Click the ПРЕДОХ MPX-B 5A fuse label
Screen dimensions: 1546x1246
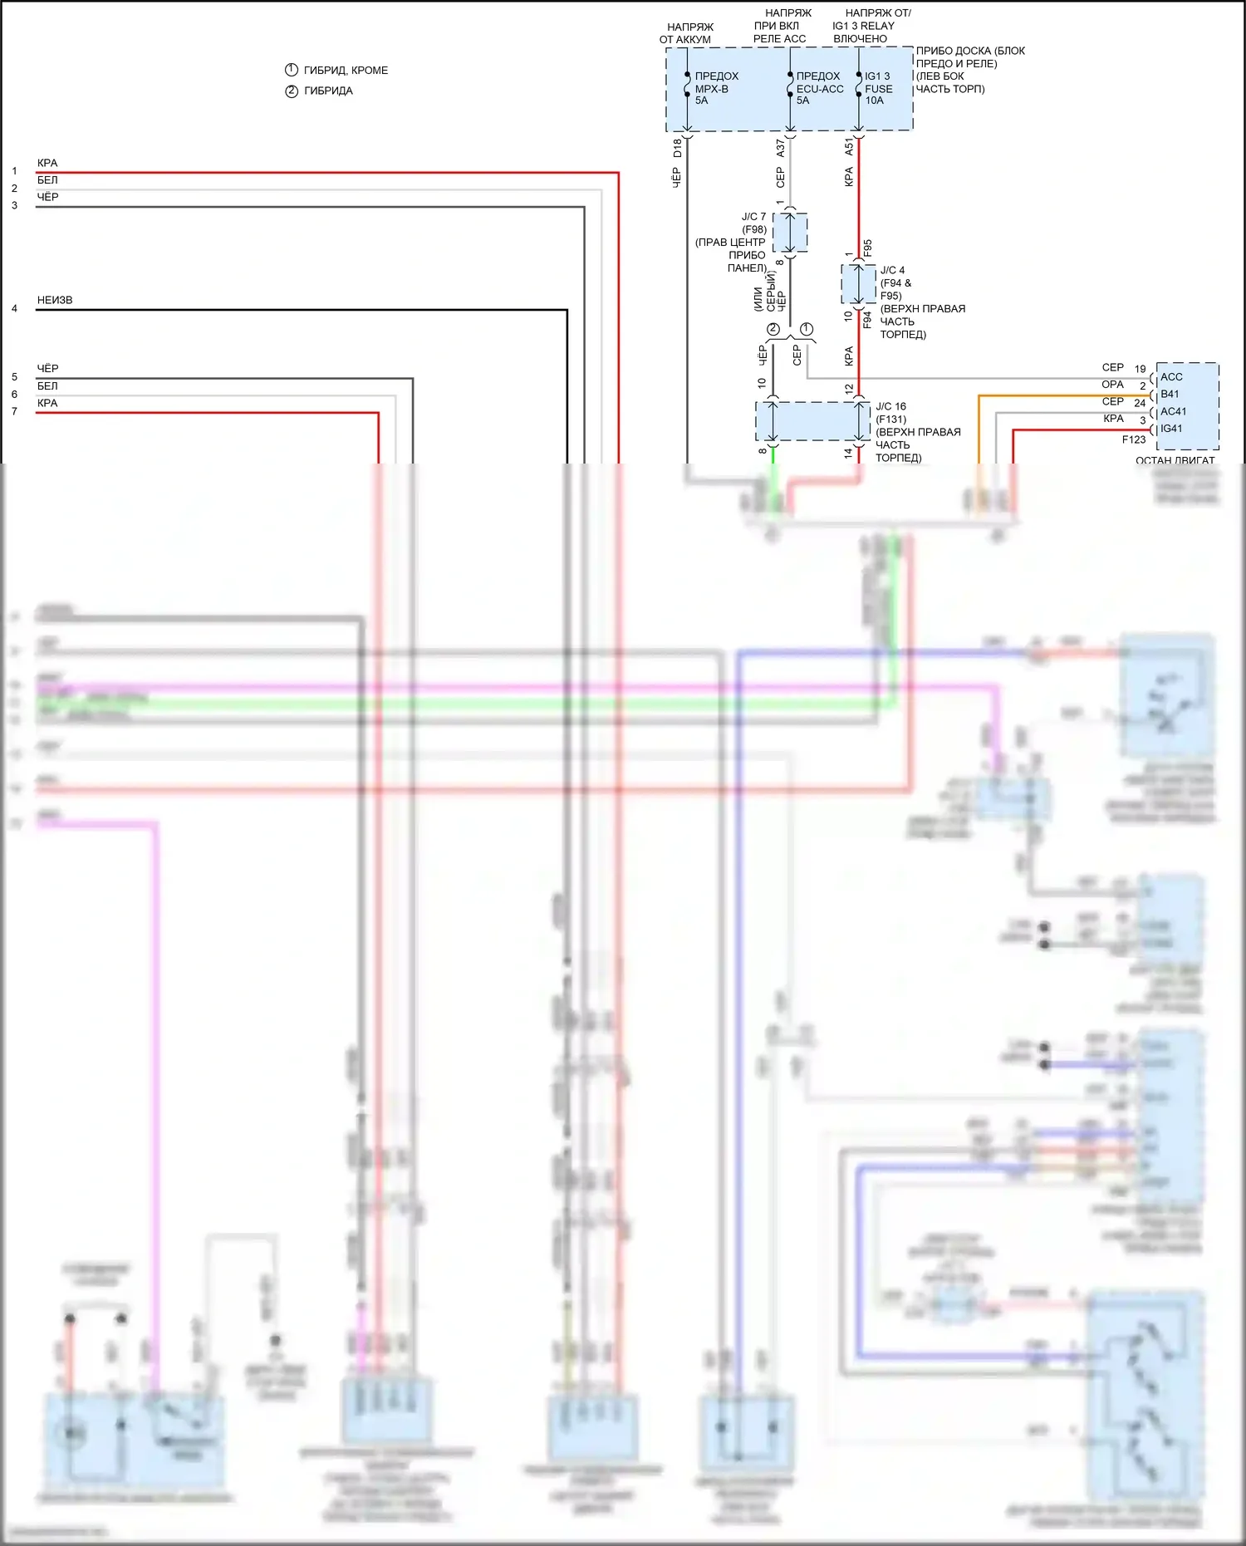coord(715,88)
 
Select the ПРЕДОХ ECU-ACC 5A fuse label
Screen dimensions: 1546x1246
coord(819,88)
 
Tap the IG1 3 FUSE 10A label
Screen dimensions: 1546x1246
coord(878,88)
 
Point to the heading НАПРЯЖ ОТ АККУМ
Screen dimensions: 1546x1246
coord(687,33)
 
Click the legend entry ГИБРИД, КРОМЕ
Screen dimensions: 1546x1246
coord(345,71)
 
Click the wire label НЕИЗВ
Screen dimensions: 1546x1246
coord(55,300)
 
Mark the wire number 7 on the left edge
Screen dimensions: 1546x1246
coord(14,411)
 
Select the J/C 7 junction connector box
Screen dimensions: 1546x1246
coord(790,233)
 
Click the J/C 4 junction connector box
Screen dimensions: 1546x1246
coord(858,284)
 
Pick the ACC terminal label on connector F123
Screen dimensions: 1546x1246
coord(1171,377)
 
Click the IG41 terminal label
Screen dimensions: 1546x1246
coord(1171,429)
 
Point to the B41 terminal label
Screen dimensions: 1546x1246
coord(1170,394)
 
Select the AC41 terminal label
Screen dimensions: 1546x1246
coord(1173,411)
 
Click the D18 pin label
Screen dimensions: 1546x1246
coord(677,148)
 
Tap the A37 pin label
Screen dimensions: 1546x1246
coord(780,148)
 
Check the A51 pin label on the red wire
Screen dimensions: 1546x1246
coord(849,147)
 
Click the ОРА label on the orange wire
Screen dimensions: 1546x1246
coord(1112,385)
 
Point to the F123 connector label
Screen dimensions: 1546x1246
coord(1134,440)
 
